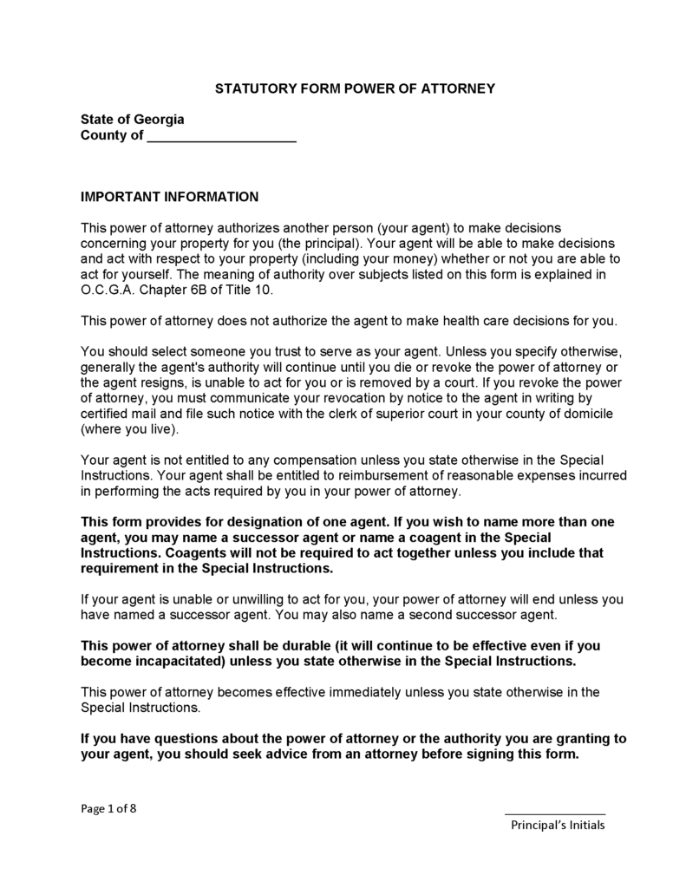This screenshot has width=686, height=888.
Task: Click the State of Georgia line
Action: [x=132, y=119]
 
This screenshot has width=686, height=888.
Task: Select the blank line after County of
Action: [x=222, y=137]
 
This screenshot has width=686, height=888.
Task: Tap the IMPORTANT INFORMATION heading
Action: [x=170, y=197]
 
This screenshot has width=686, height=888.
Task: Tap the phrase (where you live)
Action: [x=128, y=430]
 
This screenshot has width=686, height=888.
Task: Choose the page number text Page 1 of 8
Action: [x=108, y=809]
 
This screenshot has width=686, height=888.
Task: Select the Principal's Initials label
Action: [x=558, y=826]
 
